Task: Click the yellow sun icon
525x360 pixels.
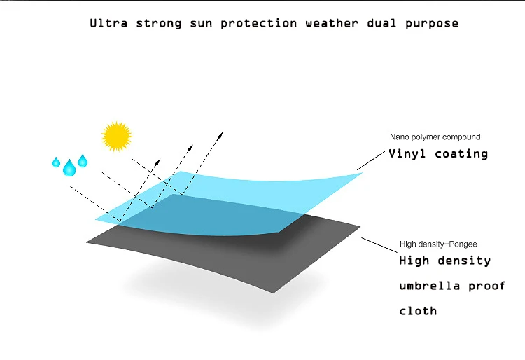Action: click(116, 137)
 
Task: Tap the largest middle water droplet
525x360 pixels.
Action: click(69, 168)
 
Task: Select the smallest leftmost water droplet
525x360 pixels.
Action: click(56, 162)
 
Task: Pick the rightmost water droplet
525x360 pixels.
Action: click(83, 161)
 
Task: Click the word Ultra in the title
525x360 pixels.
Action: click(108, 23)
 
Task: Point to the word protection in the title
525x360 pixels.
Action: click(258, 24)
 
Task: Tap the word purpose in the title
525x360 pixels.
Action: click(432, 24)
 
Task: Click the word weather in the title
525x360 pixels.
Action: click(332, 23)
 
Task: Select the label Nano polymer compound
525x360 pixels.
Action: click(435, 137)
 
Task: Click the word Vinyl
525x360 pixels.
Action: click(407, 154)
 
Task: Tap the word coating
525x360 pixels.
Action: click(461, 154)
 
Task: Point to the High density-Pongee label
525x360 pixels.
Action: click(438, 244)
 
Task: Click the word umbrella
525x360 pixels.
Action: click(430, 286)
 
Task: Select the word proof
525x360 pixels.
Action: click(486, 286)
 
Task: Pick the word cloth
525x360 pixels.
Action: click(418, 311)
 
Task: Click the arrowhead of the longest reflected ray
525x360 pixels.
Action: click(221, 134)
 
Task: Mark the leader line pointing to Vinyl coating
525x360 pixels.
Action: click(371, 160)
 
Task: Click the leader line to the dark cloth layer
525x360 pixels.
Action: click(379, 245)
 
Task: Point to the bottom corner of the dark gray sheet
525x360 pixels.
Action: click(274, 293)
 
